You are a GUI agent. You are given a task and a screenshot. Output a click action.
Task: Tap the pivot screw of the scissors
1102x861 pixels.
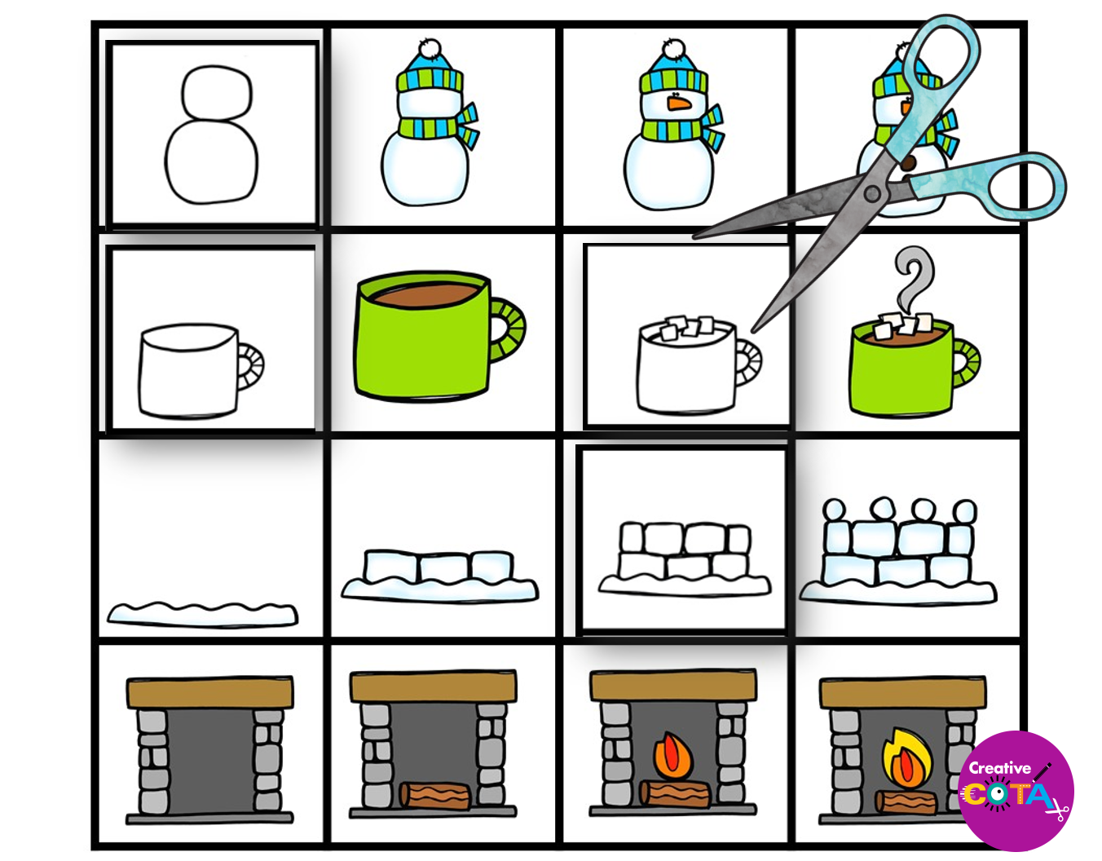(x=872, y=194)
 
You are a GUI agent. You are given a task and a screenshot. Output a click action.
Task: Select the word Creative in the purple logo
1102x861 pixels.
(x=998, y=768)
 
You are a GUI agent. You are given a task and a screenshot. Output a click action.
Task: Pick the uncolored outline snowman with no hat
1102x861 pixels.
(x=211, y=135)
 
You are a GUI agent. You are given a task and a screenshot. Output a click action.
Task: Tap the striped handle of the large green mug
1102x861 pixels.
(x=508, y=330)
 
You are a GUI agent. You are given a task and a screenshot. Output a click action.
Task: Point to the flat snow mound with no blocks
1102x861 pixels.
(x=202, y=615)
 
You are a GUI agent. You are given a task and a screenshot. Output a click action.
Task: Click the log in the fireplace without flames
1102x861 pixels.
(x=435, y=795)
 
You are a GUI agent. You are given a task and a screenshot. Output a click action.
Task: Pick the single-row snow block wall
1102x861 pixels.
(x=439, y=576)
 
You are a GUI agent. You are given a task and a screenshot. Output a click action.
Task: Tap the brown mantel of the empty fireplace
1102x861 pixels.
(x=209, y=692)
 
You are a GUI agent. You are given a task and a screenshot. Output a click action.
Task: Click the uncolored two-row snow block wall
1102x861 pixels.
(x=685, y=559)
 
